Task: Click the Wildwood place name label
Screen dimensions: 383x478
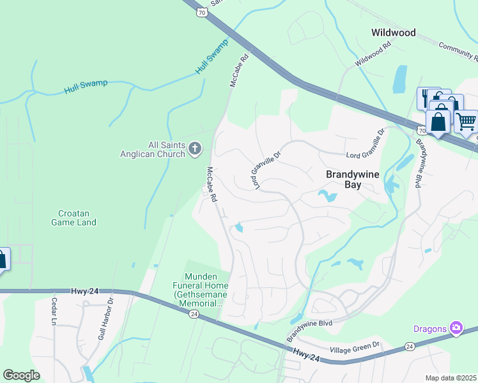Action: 394,33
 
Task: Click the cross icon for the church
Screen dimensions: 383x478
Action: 195,149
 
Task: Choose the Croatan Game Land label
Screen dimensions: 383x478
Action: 74,217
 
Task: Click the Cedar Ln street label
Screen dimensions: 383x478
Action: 54,312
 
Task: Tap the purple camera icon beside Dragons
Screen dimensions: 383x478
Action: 456,328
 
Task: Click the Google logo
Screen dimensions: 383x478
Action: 21,375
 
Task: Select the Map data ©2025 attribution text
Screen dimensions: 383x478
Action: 451,378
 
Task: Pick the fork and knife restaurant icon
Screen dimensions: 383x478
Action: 426,98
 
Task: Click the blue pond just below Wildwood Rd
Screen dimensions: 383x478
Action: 400,79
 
